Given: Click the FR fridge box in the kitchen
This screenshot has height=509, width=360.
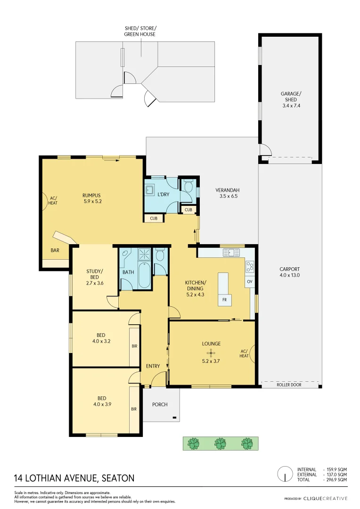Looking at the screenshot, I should coord(224,300).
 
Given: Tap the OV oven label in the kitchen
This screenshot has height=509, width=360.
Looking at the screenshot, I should coord(250,281).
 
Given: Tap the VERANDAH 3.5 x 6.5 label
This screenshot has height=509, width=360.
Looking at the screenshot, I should coord(228,193).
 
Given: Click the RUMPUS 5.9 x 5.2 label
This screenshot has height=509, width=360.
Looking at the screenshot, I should coord(92,198).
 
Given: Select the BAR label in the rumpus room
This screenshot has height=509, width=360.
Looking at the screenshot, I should coord(55,250).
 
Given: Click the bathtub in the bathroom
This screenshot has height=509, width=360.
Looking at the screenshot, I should coord(144,277).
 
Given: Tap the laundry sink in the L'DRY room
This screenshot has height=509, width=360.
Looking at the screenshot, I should coord(150,190).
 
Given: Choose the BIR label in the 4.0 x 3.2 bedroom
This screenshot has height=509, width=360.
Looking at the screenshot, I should coord(134,346).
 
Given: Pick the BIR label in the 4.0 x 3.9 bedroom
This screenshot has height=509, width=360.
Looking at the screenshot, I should coord(134,409).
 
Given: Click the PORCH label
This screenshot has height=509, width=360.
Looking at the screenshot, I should coord(160,404).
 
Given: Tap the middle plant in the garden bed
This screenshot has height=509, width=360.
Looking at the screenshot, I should coord(220,443).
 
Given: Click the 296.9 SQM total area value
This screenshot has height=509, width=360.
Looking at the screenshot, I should coord(336,479).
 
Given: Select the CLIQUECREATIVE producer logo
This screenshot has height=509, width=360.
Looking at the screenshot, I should coord(325,498).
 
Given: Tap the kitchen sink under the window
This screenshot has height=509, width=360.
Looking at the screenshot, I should coord(231,253).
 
